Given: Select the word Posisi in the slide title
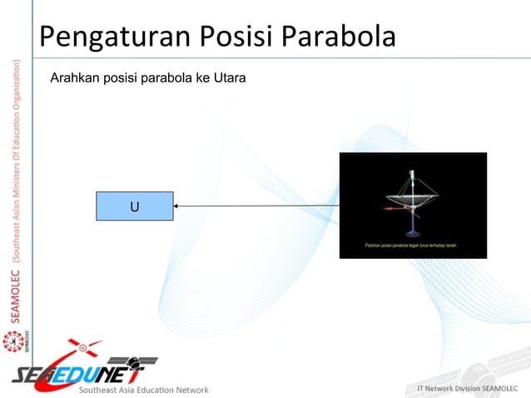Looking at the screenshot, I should (226, 37).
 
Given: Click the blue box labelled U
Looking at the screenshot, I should (134, 206).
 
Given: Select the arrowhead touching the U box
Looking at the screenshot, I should (178, 206).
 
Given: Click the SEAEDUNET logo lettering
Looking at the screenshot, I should (75, 371).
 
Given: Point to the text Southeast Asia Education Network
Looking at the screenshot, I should (143, 389).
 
